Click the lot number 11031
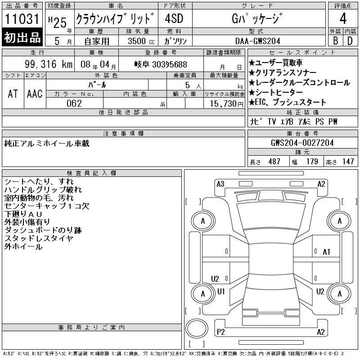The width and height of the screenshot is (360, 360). pyautogui.click(x=22, y=18)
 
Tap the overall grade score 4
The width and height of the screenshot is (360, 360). pyautogui.click(x=343, y=18)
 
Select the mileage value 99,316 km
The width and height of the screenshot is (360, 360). pyautogui.click(x=49, y=64)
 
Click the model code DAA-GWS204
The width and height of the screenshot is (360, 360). pyautogui.click(x=257, y=41)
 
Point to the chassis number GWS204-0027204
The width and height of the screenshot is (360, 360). pyautogui.click(x=302, y=143)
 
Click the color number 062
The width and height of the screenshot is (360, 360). pyautogui.click(x=74, y=103)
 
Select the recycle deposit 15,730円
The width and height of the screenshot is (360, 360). pyautogui.click(x=226, y=103)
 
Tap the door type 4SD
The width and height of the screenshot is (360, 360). pyautogui.click(x=174, y=18)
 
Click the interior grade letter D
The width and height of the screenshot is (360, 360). pyautogui.click(x=350, y=41)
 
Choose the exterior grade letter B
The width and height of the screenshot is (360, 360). pyautogui.click(x=335, y=41)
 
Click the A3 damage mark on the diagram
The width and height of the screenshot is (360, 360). pyautogui.click(x=220, y=184)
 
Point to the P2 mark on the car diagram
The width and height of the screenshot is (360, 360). pyautogui.click(x=220, y=332)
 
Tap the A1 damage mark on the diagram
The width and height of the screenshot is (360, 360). pyautogui.click(x=326, y=252)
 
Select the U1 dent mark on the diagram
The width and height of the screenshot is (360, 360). pyautogui.click(x=221, y=291)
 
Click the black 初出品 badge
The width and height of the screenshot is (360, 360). pyautogui.click(x=22, y=37)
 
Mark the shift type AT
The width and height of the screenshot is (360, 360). pyautogui.click(x=13, y=94)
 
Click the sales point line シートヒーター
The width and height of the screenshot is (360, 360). pyautogui.click(x=276, y=92)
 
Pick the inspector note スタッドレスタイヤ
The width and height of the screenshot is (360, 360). pyautogui.click(x=39, y=238)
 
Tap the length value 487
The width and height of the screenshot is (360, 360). pyautogui.click(x=274, y=162)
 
